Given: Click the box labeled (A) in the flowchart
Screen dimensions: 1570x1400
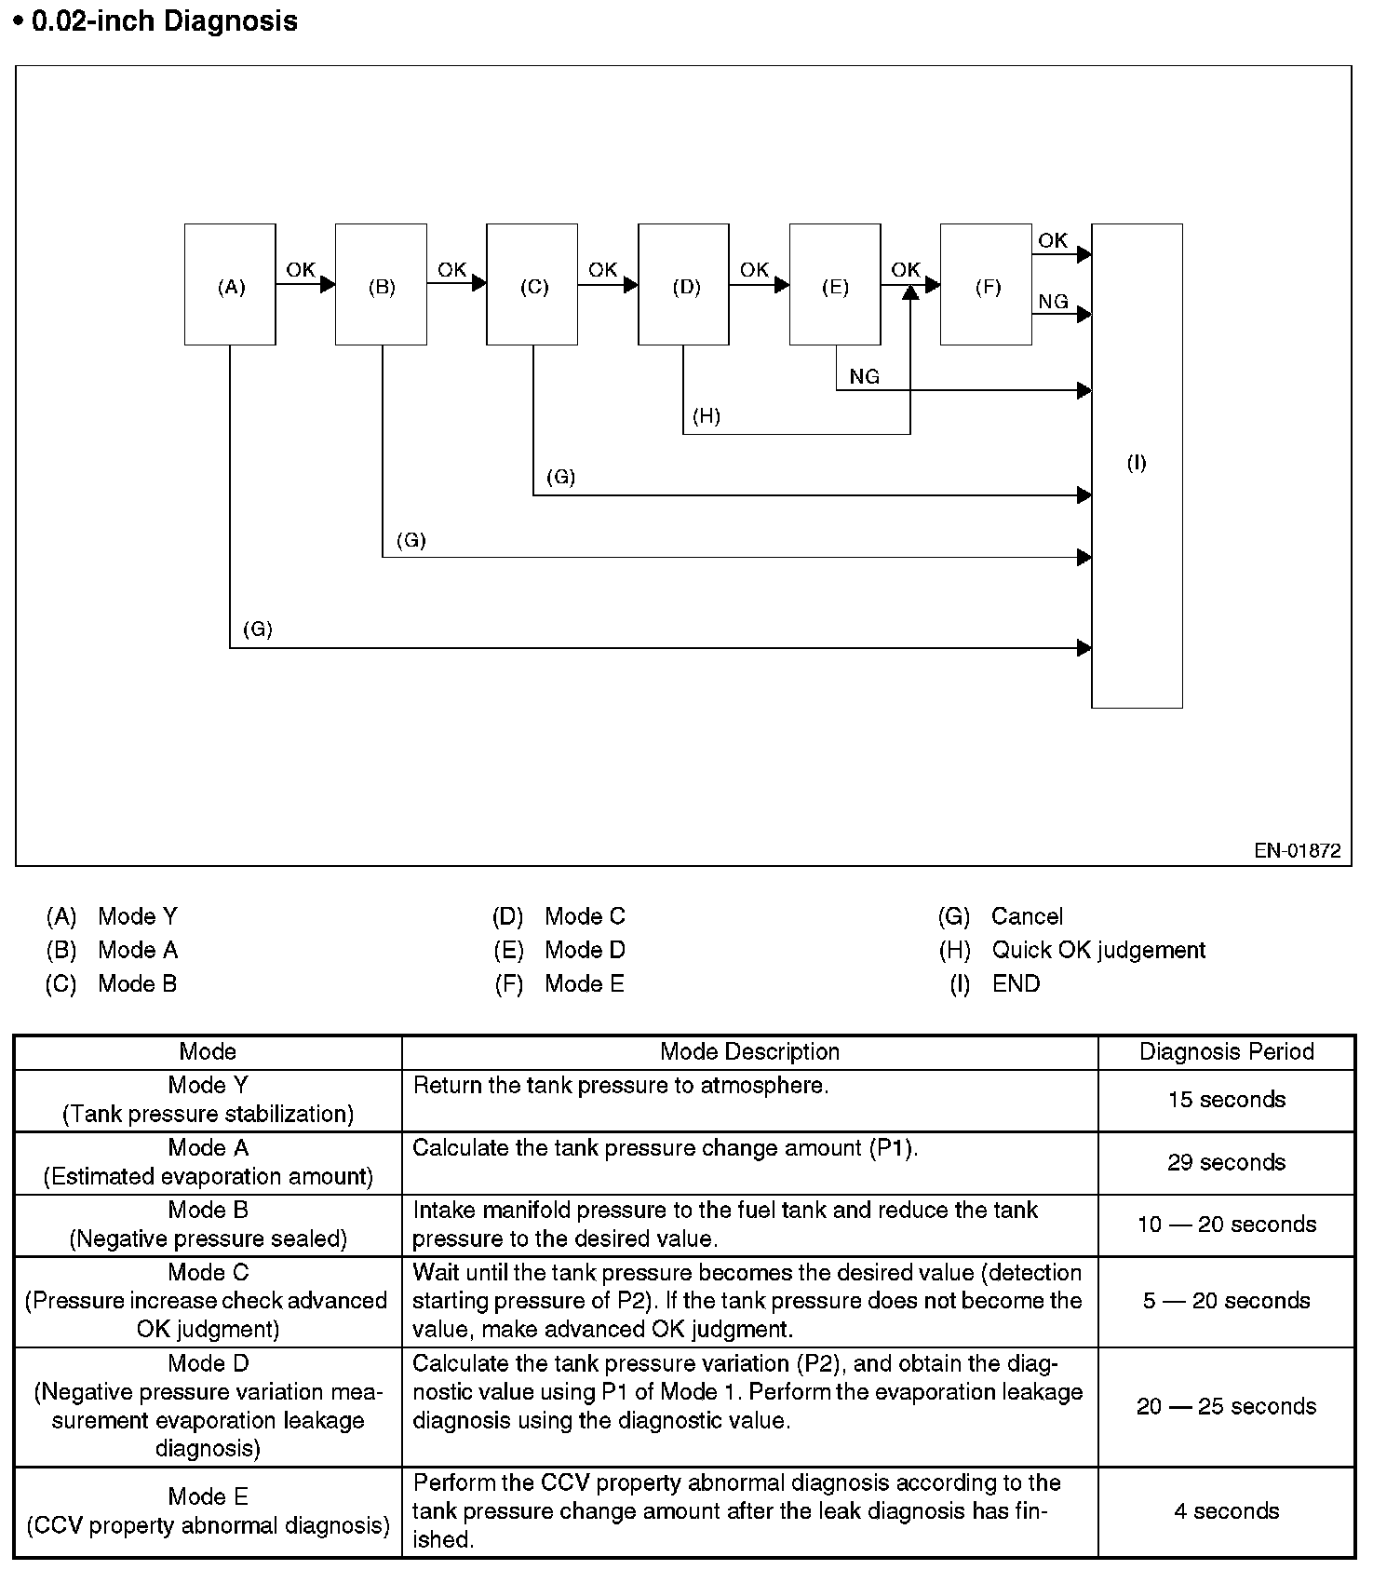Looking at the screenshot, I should point(230,285).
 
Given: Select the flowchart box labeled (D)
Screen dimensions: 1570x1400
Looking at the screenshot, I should point(684,285).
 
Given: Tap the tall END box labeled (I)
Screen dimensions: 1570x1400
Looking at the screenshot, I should point(1137,466).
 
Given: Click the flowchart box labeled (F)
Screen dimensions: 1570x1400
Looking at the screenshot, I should point(987,285).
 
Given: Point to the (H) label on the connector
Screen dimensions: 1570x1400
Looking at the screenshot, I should point(707,416).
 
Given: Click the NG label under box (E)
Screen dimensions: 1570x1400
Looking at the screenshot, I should point(864,377).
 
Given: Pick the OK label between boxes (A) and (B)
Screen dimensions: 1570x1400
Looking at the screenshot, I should point(301,270).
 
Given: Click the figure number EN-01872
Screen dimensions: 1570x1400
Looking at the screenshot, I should point(1297,850).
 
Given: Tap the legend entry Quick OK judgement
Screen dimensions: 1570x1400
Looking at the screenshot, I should point(1098,950).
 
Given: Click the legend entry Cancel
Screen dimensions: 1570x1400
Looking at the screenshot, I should point(1027,916).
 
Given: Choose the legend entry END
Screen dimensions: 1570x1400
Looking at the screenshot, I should point(1016,983).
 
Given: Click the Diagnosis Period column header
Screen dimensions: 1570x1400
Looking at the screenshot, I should point(1226,1051).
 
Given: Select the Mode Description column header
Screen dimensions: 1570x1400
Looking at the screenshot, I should point(749,1051).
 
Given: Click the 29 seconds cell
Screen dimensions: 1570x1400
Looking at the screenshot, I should point(1226,1162).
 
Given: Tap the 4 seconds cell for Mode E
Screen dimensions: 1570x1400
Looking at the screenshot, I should point(1226,1510).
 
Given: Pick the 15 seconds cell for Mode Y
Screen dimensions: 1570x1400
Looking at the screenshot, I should point(1226,1100).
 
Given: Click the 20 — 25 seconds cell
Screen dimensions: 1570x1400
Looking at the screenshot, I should point(1226,1406).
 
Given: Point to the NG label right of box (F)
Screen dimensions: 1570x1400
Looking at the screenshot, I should point(1053,302).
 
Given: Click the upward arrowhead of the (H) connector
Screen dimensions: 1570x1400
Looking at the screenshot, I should point(910,291).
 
